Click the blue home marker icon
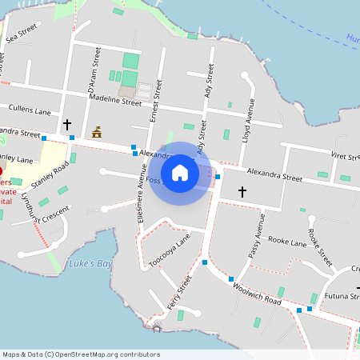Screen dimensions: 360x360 (180, 172)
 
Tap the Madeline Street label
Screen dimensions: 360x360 (115, 100)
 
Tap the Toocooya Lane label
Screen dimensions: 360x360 (170, 252)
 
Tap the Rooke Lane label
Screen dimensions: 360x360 (287, 241)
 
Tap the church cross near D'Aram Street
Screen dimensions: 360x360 (67, 125)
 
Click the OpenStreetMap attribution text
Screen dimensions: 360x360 (81, 354)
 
